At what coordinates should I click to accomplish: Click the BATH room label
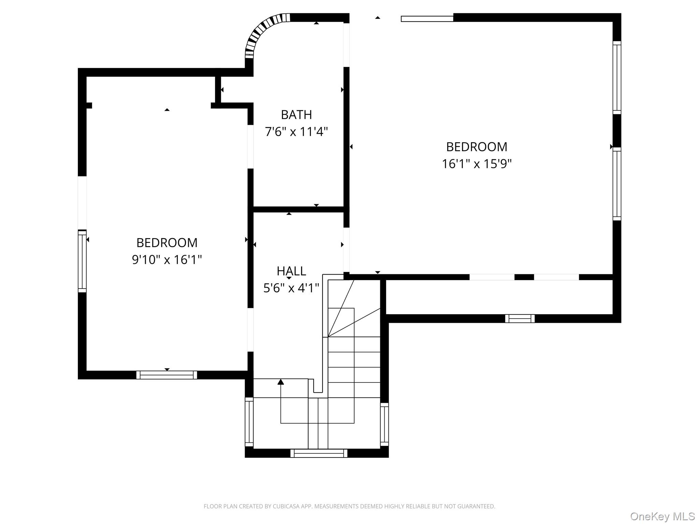(x=296, y=115)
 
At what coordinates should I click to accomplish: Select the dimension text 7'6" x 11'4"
(x=296, y=132)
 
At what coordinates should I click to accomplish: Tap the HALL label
(x=291, y=271)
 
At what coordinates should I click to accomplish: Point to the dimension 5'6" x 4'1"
(x=291, y=288)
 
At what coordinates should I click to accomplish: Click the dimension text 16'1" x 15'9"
(x=476, y=164)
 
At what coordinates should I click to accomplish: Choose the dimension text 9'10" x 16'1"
(x=167, y=260)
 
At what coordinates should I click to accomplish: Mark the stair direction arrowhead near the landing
(x=281, y=382)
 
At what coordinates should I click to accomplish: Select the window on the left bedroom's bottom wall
(x=167, y=375)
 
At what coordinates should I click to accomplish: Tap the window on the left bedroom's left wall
(x=82, y=261)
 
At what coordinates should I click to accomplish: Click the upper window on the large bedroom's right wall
(x=617, y=78)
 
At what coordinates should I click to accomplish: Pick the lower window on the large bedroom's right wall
(x=617, y=184)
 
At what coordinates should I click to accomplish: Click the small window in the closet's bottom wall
(x=520, y=319)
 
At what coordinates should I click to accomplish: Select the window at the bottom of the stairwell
(x=319, y=453)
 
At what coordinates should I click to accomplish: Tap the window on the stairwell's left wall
(x=249, y=422)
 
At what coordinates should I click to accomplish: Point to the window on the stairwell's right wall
(x=384, y=424)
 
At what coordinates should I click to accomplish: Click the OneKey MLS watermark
(x=662, y=516)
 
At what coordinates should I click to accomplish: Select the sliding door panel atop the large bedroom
(x=427, y=19)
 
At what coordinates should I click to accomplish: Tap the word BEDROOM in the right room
(x=476, y=147)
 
